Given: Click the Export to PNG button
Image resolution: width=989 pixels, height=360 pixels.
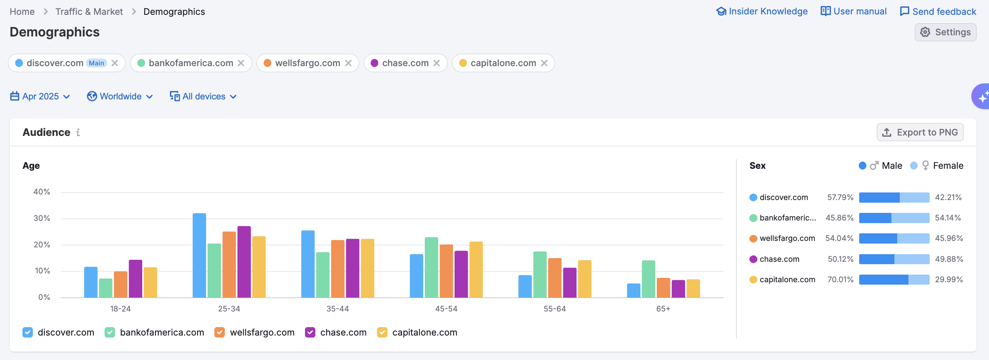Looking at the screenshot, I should (920, 132).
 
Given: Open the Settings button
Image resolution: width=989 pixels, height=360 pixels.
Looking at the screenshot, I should (945, 32).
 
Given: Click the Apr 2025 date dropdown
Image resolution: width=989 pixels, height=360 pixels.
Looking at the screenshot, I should (40, 97).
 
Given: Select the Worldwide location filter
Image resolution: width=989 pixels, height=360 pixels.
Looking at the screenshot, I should (120, 97).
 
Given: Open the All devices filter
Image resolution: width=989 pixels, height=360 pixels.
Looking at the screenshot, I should (203, 97).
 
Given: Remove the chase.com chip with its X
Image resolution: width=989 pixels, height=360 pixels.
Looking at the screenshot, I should (437, 63).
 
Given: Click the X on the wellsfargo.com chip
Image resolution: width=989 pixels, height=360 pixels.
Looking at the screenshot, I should (348, 63).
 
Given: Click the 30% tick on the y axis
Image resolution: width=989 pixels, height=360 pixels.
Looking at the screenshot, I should (42, 218).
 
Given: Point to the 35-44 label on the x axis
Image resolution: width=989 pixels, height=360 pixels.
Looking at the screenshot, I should (337, 309).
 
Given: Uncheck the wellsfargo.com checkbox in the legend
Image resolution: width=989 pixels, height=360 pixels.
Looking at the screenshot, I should (220, 332).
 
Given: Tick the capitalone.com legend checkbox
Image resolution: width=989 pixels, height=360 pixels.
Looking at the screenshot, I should (382, 332).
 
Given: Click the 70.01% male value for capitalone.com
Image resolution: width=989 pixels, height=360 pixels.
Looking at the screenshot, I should (840, 279).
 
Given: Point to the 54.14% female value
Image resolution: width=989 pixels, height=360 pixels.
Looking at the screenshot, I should (948, 218).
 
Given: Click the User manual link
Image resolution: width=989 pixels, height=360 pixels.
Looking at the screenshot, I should (854, 11).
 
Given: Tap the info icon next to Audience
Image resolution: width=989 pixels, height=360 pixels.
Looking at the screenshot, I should (78, 132).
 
